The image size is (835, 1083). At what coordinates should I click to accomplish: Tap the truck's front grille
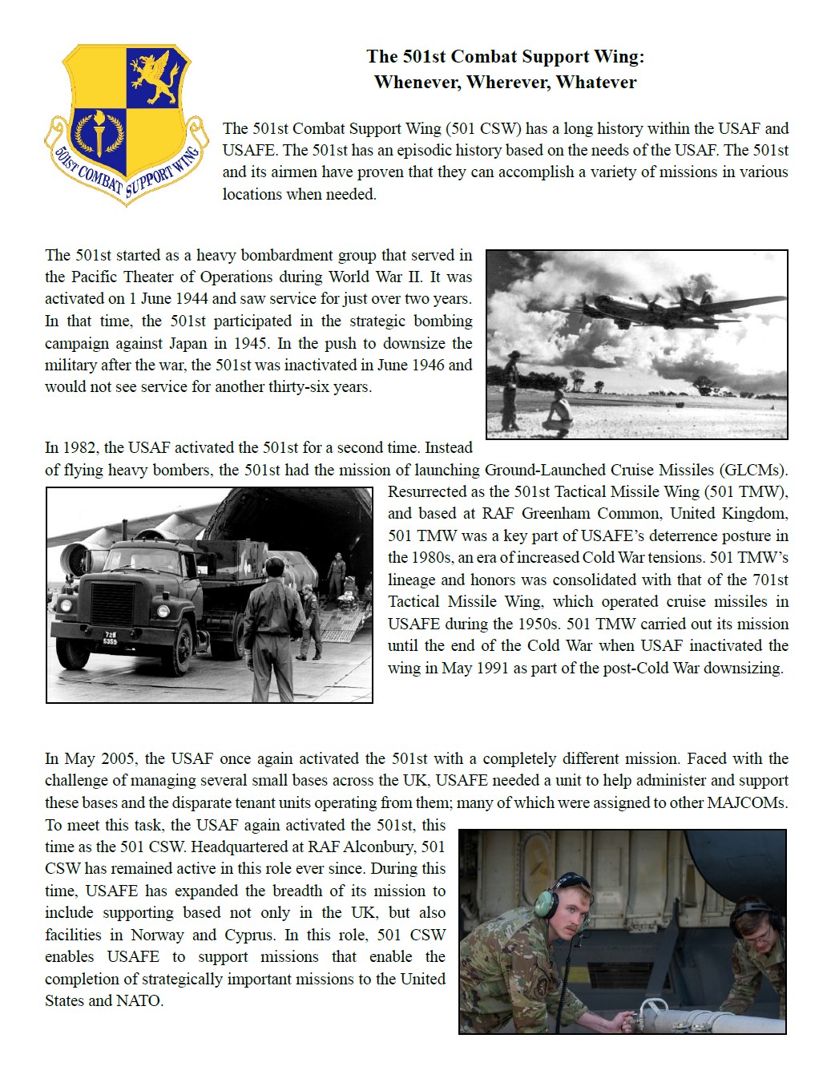pyautogui.click(x=112, y=604)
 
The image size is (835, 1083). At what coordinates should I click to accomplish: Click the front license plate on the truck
pyautogui.click(x=110, y=638)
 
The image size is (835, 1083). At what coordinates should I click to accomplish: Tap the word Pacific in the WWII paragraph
pyautogui.click(x=94, y=277)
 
